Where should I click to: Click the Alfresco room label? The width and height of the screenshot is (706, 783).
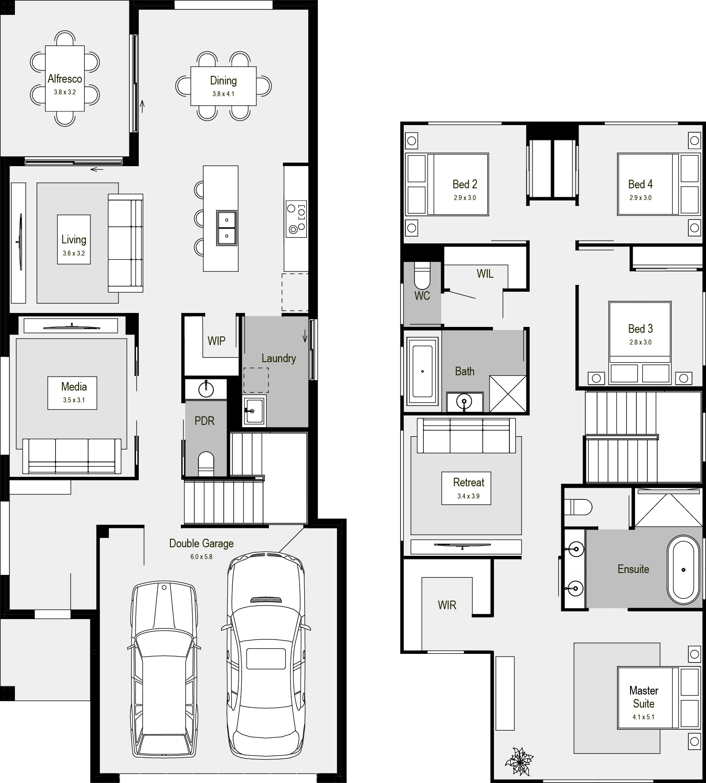pyautogui.click(x=65, y=79)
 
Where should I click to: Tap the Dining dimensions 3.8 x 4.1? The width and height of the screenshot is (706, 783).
pyautogui.click(x=223, y=94)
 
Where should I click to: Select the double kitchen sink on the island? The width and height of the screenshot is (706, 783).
pyautogui.click(x=226, y=228)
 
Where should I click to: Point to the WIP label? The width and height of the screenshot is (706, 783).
pyautogui.click(x=216, y=341)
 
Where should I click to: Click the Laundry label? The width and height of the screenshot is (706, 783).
pyautogui.click(x=278, y=359)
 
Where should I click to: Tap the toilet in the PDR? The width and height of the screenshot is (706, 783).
pyautogui.click(x=206, y=464)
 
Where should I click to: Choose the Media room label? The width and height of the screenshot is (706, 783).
pyautogui.click(x=74, y=387)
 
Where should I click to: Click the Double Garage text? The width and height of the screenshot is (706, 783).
pyautogui.click(x=201, y=543)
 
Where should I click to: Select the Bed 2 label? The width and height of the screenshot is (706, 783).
pyautogui.click(x=465, y=184)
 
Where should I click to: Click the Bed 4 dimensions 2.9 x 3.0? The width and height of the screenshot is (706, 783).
pyautogui.click(x=640, y=198)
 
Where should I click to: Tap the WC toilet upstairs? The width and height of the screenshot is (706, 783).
pyautogui.click(x=423, y=275)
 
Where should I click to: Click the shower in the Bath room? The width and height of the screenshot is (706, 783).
pyautogui.click(x=508, y=393)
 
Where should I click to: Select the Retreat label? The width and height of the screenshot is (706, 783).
pyautogui.click(x=468, y=482)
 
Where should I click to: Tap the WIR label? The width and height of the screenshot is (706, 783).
pyautogui.click(x=447, y=605)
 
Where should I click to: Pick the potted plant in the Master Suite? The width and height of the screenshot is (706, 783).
pyautogui.click(x=519, y=761)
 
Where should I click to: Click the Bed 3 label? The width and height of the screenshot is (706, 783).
pyautogui.click(x=640, y=329)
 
